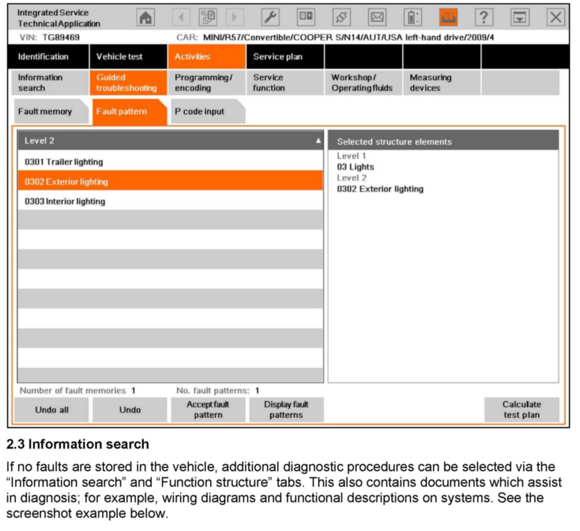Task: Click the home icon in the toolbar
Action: (145, 18)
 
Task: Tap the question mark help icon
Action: (484, 18)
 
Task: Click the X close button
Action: (555, 18)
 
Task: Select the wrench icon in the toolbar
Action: (270, 18)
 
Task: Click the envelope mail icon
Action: (377, 18)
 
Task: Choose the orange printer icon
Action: (448, 18)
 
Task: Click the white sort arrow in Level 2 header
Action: (318, 141)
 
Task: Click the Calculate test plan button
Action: (521, 409)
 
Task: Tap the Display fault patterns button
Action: (286, 409)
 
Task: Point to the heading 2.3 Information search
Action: (78, 444)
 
